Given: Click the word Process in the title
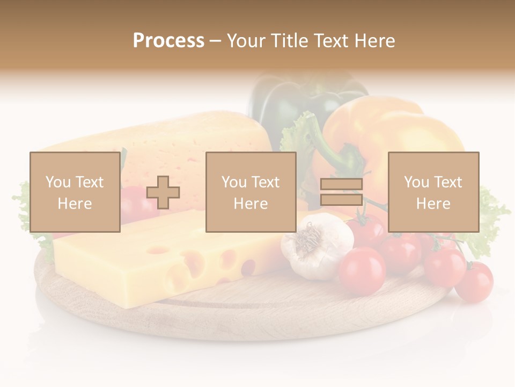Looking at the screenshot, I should pos(168,40).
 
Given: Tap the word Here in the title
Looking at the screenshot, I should pos(374,40).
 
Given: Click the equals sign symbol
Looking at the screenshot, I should pos(341,192).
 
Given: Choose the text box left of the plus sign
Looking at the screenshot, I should pos(75,192).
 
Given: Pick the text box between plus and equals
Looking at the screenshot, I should pos(251,192).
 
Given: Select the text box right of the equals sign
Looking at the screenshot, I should pos(433,192).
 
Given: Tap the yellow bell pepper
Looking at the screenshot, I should pos(392,134).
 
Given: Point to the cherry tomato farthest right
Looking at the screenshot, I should pos(474,282).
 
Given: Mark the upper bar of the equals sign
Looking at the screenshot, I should pos(341,184).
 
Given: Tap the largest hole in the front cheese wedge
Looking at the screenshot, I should pos(249,267).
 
